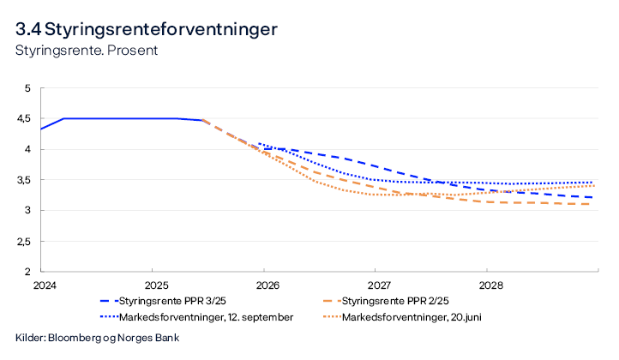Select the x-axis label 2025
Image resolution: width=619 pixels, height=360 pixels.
pyautogui.click(x=156, y=285)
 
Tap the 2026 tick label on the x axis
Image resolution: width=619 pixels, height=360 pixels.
pyautogui.click(x=267, y=285)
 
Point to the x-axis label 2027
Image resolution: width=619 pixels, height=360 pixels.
pyautogui.click(x=378, y=285)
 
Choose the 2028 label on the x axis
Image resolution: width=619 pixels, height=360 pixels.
pyautogui.click(x=490, y=285)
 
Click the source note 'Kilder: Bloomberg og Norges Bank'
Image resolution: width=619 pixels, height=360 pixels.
pyautogui.click(x=97, y=338)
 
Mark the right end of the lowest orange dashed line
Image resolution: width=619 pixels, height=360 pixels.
pyautogui.click(x=592, y=204)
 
